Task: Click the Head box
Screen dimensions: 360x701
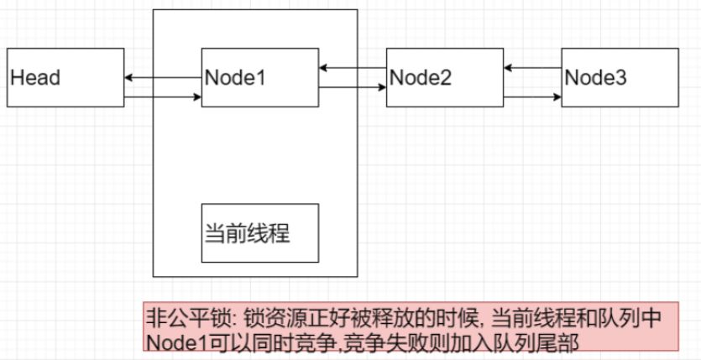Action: click(65, 77)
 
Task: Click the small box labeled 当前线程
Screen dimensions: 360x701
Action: click(260, 232)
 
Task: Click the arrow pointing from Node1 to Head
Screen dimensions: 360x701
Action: click(163, 78)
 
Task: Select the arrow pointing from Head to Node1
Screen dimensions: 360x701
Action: click(163, 98)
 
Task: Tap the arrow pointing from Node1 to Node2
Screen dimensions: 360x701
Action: click(353, 86)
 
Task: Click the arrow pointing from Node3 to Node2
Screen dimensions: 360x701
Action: click(533, 68)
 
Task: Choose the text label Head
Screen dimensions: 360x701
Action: click(36, 78)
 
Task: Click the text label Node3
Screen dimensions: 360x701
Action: click(595, 78)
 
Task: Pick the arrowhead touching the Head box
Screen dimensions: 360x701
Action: click(130, 78)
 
